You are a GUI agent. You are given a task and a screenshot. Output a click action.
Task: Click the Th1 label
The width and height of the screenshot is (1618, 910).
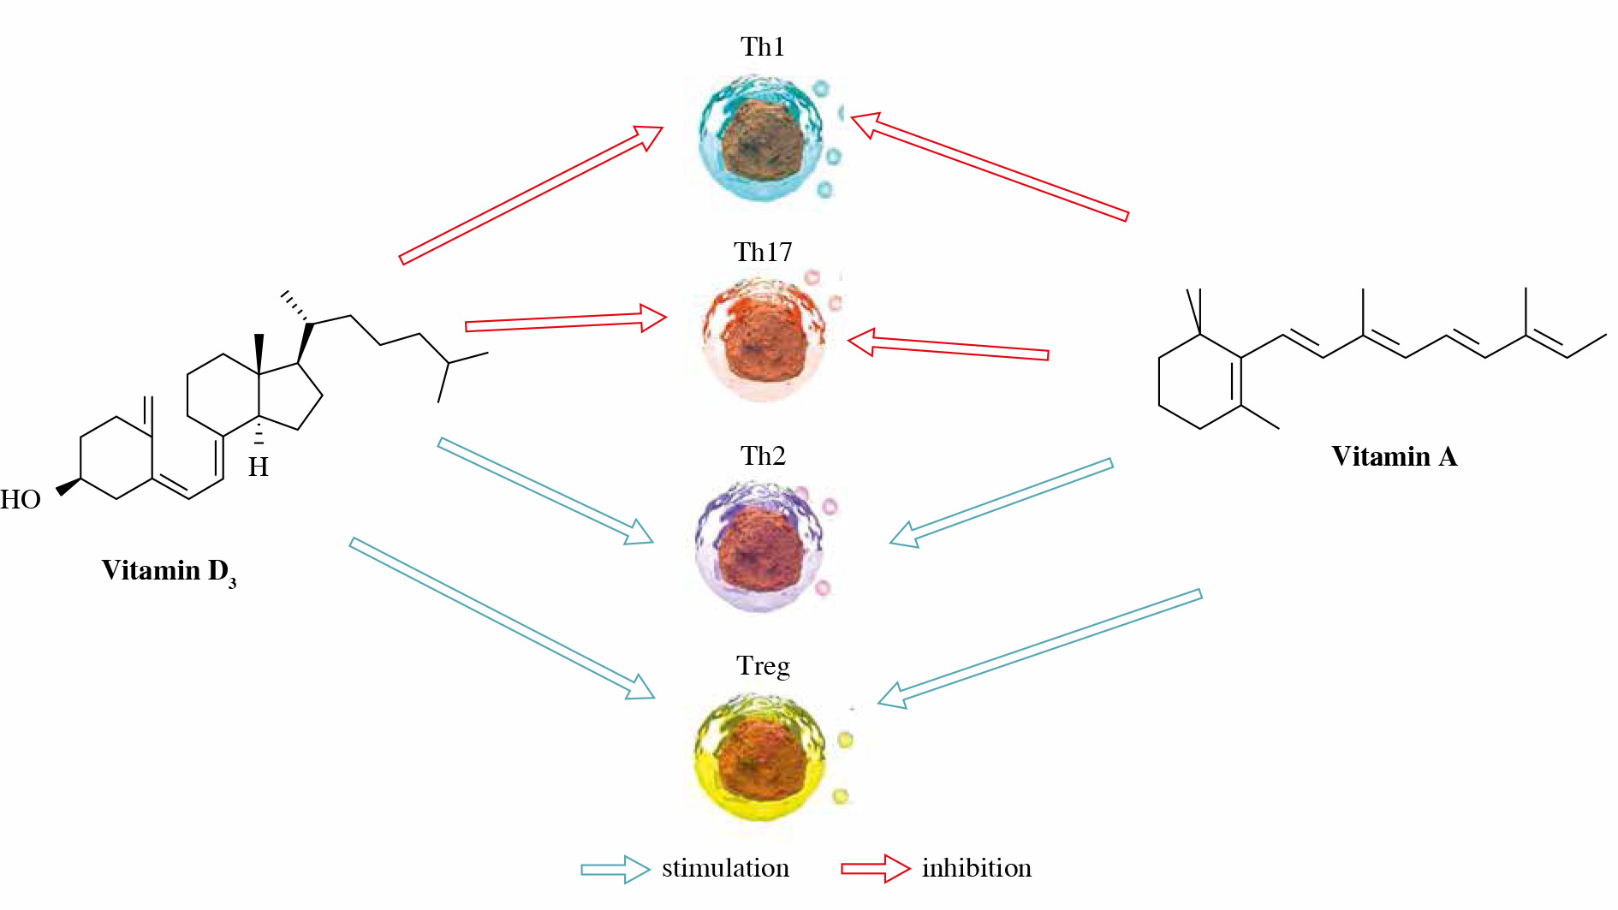coord(763,46)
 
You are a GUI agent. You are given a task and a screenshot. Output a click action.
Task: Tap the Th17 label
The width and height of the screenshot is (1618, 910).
coord(763,252)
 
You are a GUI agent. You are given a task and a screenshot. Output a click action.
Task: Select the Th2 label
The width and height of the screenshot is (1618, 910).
coord(763,455)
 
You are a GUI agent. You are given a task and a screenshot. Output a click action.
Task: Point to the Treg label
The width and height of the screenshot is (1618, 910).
coord(763,666)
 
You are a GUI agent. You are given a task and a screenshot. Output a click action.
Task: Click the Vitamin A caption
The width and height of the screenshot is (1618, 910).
coord(1395,456)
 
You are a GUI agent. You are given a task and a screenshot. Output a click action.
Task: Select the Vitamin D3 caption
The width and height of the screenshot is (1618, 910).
coord(169,572)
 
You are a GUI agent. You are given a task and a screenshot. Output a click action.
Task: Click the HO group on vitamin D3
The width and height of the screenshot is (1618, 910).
coord(21,499)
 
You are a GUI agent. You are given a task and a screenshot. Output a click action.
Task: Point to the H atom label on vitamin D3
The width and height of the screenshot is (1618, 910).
coord(259,467)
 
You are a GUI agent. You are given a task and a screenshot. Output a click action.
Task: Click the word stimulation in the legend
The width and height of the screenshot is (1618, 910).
coord(725,868)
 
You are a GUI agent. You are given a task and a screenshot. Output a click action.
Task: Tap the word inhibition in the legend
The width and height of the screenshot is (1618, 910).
coord(977,868)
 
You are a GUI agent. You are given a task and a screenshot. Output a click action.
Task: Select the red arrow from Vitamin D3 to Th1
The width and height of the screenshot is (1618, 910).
coord(532,194)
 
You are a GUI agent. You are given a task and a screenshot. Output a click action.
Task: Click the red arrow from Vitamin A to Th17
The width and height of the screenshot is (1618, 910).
coord(948,346)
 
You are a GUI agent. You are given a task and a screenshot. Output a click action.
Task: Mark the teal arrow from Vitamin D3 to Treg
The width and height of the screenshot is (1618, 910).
coord(502,618)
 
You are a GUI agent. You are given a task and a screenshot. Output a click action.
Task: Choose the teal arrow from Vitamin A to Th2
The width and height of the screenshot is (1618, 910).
coord(1001,503)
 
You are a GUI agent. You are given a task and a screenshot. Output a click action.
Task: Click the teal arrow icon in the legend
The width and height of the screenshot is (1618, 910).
coord(616,869)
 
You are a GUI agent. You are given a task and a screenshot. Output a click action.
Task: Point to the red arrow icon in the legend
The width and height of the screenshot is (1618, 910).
coord(876,869)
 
